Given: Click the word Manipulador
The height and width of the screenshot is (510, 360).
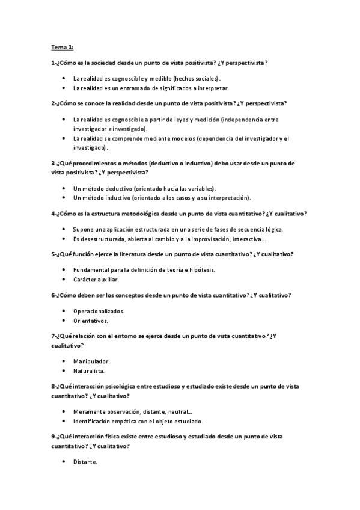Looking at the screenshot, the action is pyautogui.click(x=91, y=361).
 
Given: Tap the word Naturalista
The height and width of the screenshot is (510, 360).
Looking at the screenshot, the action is pyautogui.click(x=89, y=371).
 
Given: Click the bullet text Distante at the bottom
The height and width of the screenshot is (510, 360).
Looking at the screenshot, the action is pyautogui.click(x=85, y=462).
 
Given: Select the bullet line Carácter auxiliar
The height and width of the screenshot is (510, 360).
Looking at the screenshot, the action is pyautogui.click(x=96, y=280).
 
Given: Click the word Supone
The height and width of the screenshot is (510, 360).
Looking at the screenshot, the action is pyautogui.click(x=83, y=229).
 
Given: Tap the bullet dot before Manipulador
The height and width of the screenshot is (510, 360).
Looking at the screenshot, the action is pyautogui.click(x=64, y=361).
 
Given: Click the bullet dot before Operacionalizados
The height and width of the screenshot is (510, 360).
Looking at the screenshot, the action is pyautogui.click(x=64, y=311).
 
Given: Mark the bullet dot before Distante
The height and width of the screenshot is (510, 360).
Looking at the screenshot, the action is pyautogui.click(x=64, y=462).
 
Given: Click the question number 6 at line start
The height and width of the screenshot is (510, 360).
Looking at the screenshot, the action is pyautogui.click(x=53, y=295).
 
